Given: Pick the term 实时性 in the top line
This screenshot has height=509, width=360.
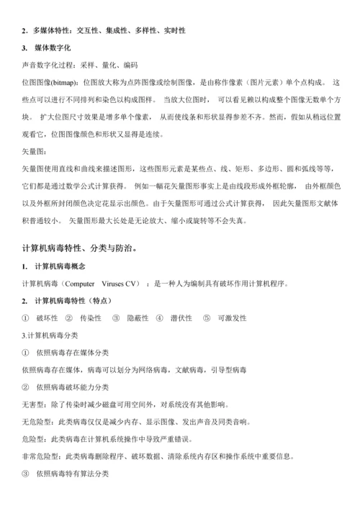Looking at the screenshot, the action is (x=174, y=30).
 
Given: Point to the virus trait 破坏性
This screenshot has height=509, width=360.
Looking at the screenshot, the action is (x=48, y=317).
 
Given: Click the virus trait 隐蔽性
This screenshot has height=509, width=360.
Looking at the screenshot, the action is (x=138, y=317).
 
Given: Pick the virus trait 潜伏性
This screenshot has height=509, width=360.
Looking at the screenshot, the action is (x=181, y=317).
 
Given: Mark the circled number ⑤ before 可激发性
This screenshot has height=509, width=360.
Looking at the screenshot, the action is (x=207, y=317).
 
